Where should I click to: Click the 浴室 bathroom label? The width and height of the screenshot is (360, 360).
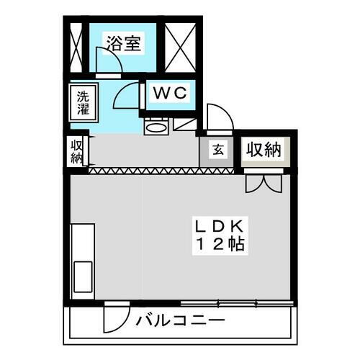coord(124,43)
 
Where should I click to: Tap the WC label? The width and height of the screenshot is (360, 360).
coord(170,93)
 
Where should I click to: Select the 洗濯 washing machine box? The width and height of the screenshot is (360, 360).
coord(84,102)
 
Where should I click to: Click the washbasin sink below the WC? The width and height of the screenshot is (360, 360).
coord(156,127)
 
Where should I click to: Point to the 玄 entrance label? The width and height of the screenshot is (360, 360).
coord(218,150)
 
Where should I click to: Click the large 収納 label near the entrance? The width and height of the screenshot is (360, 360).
coord(264,150)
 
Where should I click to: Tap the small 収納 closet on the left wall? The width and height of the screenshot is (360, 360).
coord(76,152)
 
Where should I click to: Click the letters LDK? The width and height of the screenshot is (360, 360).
coord(220,226)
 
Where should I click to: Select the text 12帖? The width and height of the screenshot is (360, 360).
coord(220,244)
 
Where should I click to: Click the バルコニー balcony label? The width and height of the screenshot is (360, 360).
coord(181,320)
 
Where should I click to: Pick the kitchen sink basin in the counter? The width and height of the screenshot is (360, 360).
coord(83,276)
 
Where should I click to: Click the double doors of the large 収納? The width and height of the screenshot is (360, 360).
coord(264,184)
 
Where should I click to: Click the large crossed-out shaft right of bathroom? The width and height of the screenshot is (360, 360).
coord(181,48)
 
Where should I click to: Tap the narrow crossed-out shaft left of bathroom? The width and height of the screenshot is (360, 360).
coord(76,48)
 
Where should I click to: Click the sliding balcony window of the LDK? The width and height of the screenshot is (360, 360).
coord(237,303)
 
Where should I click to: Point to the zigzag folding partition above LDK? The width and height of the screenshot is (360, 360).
coord(161,171)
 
